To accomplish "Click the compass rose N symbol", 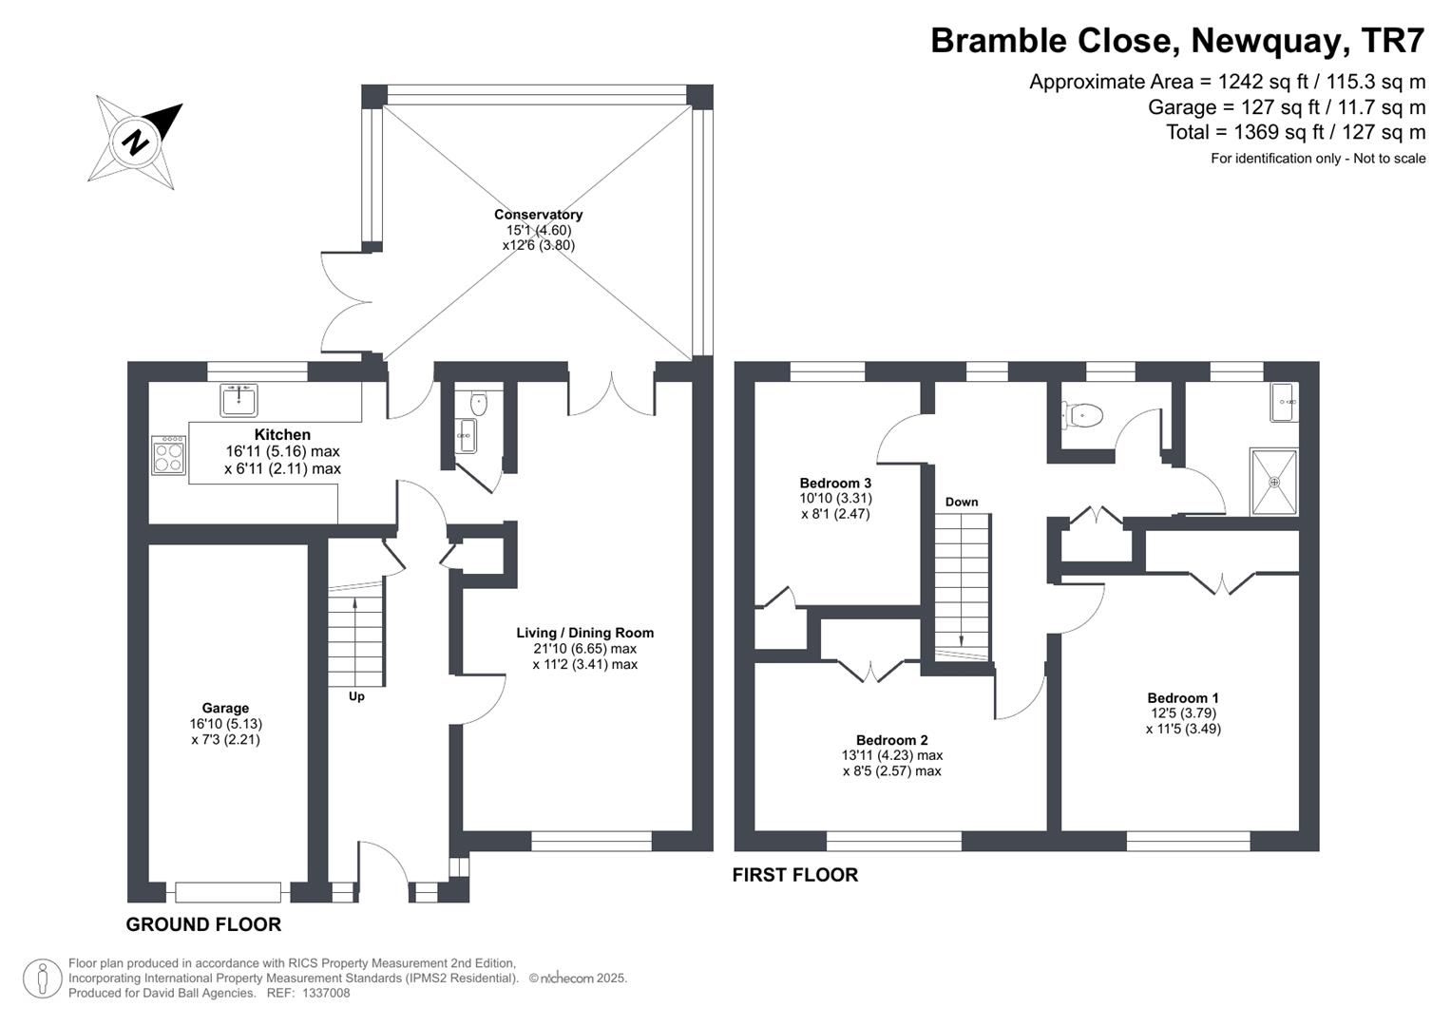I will click(x=135, y=142).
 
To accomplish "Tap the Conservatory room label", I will click(x=538, y=215).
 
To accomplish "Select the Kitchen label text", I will click(x=282, y=435).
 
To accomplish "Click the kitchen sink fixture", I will click(x=239, y=400).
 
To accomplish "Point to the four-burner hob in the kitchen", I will click(x=168, y=454).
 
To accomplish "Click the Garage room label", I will click(x=225, y=708).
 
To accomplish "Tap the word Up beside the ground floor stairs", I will click(x=356, y=696).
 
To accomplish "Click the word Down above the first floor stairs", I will click(x=962, y=502).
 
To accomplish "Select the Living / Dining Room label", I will click(x=584, y=633).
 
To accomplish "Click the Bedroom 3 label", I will click(x=835, y=483).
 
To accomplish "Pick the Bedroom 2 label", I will click(x=891, y=740).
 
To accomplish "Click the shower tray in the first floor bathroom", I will click(x=1273, y=482).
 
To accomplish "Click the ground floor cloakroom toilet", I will click(x=477, y=404).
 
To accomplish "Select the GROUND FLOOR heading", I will click(x=203, y=924).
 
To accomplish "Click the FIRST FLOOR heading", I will click(x=794, y=875).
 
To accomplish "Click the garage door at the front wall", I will click(x=228, y=892).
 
